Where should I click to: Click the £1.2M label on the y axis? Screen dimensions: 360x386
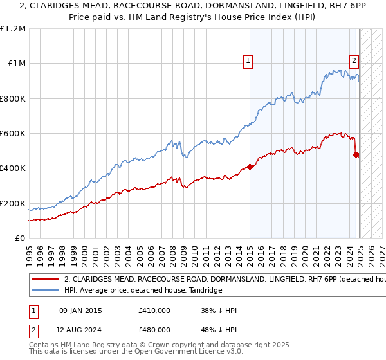(14, 29)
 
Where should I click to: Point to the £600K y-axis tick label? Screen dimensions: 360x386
(13, 134)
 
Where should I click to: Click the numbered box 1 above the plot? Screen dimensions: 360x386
(248, 61)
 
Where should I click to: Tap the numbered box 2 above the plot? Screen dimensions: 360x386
(354, 61)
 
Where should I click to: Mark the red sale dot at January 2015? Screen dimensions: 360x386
(250, 166)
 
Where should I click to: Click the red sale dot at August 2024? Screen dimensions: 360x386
(356, 154)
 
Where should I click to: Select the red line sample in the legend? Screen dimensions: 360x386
(46, 280)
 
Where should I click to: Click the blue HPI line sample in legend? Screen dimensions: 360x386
(46, 291)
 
